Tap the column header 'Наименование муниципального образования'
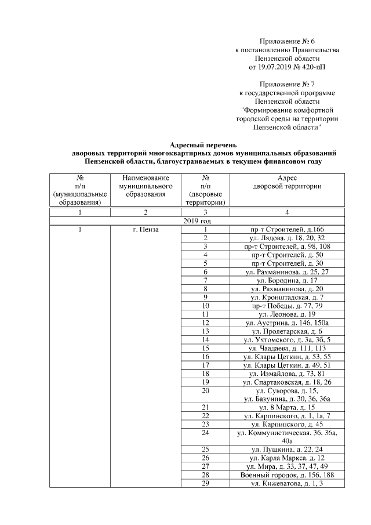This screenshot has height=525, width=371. (x=146, y=185)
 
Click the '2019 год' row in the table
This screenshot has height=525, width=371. (x=197, y=221)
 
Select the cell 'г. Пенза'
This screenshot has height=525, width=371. (x=146, y=230)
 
